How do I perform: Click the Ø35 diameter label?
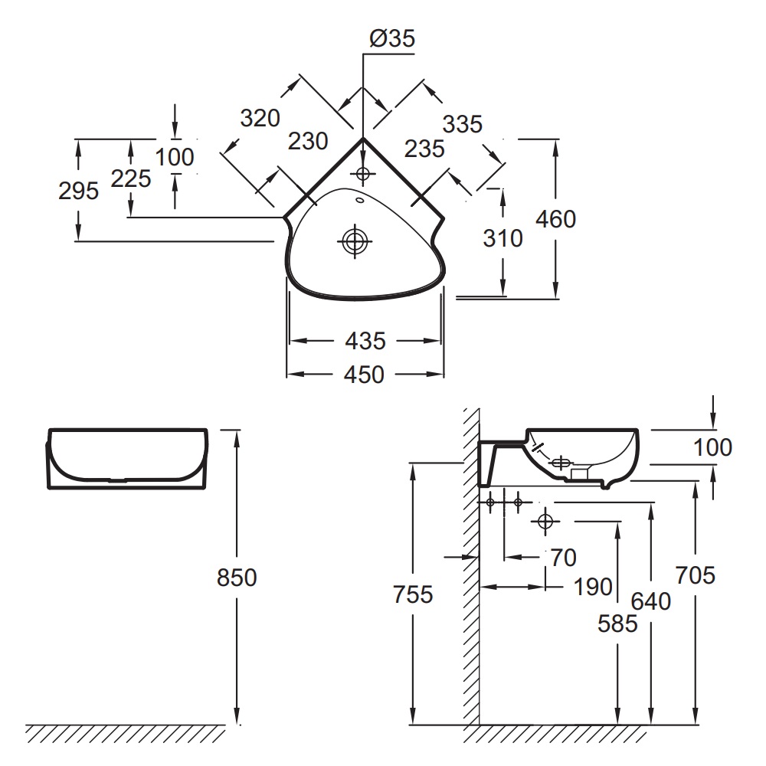[x=392, y=38]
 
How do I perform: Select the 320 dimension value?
[x=260, y=118]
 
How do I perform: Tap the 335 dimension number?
[x=462, y=124]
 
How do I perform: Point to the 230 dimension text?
[x=308, y=142]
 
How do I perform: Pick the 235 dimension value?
[x=424, y=149]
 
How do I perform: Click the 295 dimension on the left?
[x=79, y=191]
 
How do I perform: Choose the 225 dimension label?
[x=131, y=178]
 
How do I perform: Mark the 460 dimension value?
[x=555, y=219]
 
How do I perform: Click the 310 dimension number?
[x=502, y=238]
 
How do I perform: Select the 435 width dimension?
[x=365, y=341]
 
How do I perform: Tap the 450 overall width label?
[x=364, y=375]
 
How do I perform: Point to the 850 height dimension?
[x=237, y=578]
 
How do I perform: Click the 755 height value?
[x=413, y=594]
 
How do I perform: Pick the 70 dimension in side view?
[x=563, y=558]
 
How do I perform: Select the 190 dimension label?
[x=593, y=587]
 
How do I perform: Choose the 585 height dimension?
[x=617, y=624]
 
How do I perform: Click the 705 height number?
[x=696, y=575]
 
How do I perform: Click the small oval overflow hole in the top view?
[x=360, y=200]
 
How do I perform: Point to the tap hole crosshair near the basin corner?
[x=362, y=173]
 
